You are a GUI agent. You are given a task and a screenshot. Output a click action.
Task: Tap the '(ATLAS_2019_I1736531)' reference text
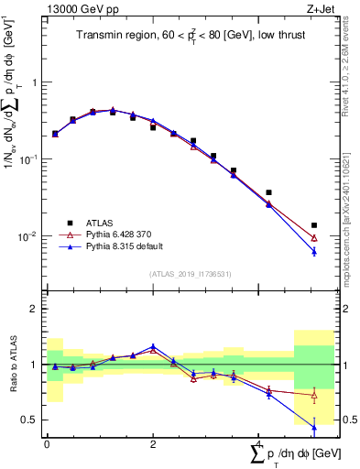point(190,274)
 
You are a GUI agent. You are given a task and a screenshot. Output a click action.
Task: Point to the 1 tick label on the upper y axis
point(34,82)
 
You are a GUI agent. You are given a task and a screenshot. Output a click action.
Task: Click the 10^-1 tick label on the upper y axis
point(27,158)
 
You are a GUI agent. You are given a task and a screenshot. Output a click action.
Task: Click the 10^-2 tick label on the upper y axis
point(27,236)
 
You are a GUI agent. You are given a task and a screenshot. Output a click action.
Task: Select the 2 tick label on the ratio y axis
point(34,309)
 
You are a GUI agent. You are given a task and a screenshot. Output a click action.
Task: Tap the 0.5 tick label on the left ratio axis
point(29,420)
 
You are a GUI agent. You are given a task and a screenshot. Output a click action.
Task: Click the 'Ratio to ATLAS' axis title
point(12,364)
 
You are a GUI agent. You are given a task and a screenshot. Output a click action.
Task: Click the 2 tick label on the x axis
point(152,444)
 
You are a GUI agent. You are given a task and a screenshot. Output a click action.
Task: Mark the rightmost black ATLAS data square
point(314,224)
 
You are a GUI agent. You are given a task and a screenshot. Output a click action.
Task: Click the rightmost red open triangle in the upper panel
point(314,238)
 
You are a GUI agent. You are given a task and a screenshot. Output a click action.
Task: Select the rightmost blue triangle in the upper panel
point(314,251)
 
